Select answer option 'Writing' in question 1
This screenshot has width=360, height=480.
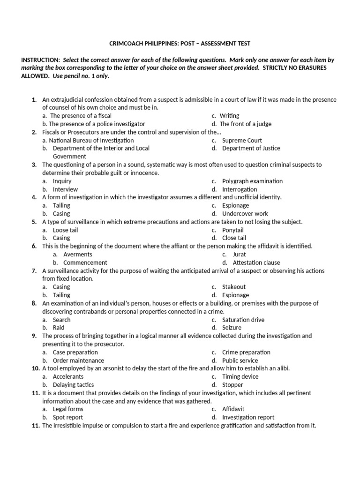229,115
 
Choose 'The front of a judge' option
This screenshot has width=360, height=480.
245,124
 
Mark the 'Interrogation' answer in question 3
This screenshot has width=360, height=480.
240,189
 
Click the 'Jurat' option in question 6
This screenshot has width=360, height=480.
239,255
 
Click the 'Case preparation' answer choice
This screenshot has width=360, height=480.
75,352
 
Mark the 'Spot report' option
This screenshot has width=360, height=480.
67,417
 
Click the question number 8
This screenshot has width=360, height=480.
35,303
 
